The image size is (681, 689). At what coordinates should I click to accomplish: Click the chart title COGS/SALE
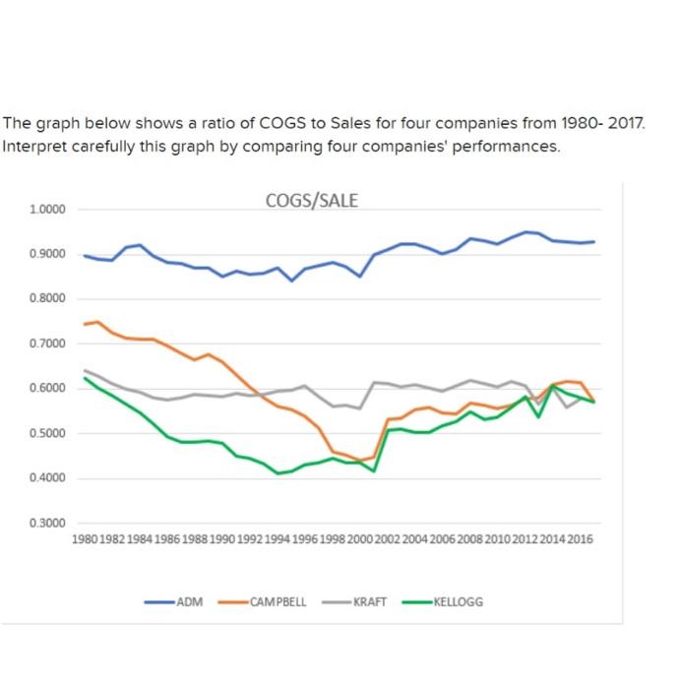pos(312,201)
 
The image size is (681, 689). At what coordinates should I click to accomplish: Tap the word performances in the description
pos(511,147)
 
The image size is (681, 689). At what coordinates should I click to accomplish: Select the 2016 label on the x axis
pos(582,539)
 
